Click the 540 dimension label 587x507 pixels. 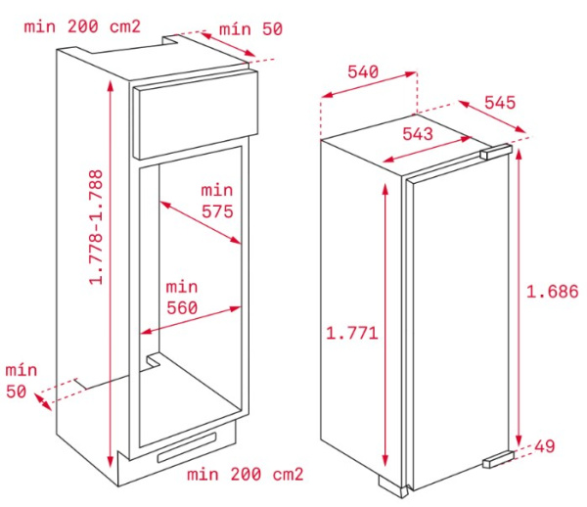(363, 71)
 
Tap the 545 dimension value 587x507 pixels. (500, 102)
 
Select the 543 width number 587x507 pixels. (418, 133)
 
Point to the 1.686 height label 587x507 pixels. (552, 292)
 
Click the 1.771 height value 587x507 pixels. (352, 333)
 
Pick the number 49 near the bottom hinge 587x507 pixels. (544, 446)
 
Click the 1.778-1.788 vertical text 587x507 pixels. (96, 227)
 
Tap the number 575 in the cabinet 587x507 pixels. (217, 212)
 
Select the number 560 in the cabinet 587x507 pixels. (182, 307)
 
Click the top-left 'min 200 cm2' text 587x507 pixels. (82, 26)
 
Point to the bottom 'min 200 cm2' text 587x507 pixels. (246, 475)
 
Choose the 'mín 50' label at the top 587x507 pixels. (250, 29)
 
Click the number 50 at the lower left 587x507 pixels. (16, 392)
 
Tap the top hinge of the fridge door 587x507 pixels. (495, 151)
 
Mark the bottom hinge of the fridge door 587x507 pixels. (499, 460)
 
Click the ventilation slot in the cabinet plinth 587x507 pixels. (187, 447)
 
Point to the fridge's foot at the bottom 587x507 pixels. (392, 486)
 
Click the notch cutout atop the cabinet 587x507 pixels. (171, 40)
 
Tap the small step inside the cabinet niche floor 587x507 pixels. (154, 360)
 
